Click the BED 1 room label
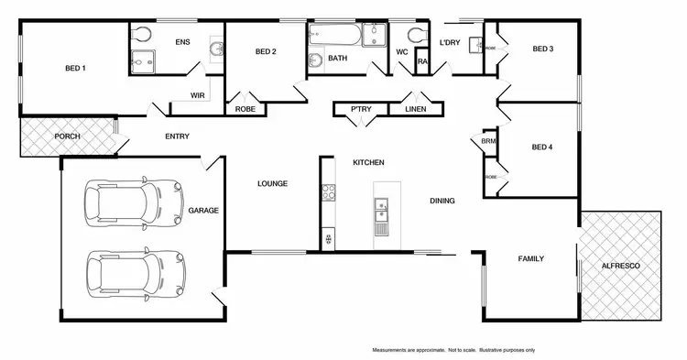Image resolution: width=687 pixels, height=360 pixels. point(75,68)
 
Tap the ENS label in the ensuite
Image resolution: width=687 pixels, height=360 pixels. point(182,42)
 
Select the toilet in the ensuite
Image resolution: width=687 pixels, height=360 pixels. point(140,36)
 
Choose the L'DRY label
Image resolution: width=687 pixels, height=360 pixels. point(449,42)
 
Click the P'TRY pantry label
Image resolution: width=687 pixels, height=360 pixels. point(359,110)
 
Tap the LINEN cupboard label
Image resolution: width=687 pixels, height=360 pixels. point(415,110)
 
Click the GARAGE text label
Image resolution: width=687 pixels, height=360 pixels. point(203,211)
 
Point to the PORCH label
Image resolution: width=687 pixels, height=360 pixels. point(67,136)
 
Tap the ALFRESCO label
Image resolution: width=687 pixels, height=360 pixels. point(620,266)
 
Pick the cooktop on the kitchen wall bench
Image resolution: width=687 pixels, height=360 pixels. point(326,194)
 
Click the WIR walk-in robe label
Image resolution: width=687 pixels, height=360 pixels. point(197,94)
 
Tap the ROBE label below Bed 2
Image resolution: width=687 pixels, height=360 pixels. point(245,109)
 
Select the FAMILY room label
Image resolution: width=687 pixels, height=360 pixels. point(531,259)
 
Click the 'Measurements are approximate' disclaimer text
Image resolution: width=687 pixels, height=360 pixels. point(453,350)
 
